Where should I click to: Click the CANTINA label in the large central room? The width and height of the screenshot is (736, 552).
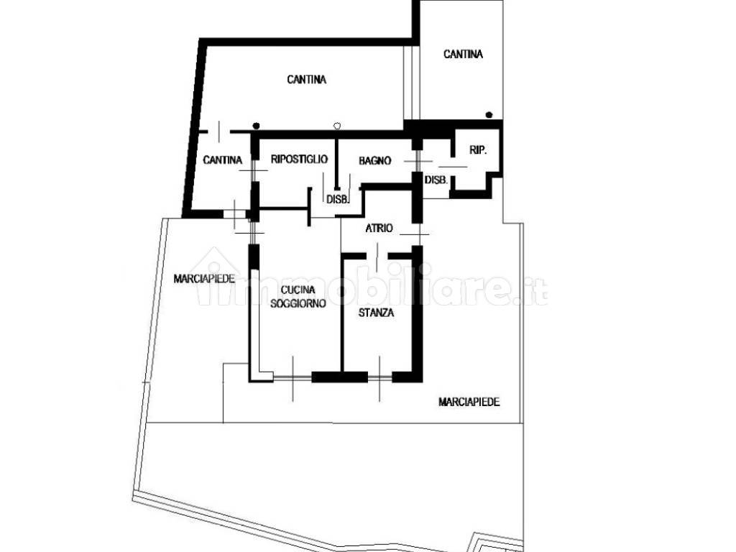click(306, 80)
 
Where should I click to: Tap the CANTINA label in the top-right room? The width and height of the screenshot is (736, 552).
click(463, 55)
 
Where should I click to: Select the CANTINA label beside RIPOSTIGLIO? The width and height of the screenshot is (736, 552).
click(223, 160)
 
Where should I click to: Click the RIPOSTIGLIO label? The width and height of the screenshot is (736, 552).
click(299, 159)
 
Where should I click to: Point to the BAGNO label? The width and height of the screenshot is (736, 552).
click(374, 160)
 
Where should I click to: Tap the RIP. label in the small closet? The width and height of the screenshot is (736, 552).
click(478, 150)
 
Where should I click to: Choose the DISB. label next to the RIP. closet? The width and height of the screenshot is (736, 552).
click(436, 179)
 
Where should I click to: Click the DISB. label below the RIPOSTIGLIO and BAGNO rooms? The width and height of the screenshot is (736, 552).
click(338, 199)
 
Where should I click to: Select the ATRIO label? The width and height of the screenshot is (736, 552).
click(379, 228)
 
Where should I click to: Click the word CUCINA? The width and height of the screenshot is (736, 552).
click(298, 290)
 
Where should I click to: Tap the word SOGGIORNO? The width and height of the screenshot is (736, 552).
click(298, 304)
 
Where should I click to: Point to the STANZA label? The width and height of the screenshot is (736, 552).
click(376, 313)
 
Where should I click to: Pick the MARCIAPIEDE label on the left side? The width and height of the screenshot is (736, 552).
click(204, 279)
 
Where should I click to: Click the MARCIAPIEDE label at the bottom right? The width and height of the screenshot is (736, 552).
click(469, 402)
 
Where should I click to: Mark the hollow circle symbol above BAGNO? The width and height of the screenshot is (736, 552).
click(336, 126)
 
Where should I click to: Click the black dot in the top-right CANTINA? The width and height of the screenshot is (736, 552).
click(489, 114)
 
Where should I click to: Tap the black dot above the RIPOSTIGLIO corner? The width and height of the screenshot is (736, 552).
click(256, 126)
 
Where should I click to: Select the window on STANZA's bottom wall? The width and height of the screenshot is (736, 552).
click(379, 377)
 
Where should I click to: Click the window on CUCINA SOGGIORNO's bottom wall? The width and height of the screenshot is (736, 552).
click(293, 377)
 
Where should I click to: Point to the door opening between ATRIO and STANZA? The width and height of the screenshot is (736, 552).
click(377, 256)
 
